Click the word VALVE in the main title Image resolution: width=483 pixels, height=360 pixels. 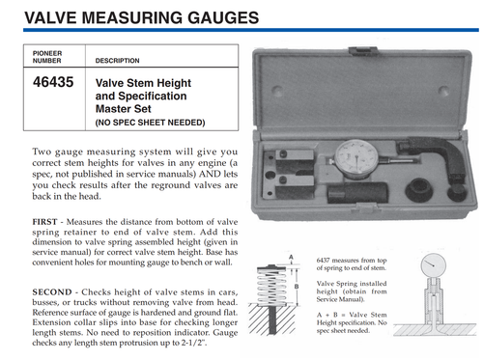[39, 17]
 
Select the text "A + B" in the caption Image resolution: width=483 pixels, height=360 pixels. [327, 317]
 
